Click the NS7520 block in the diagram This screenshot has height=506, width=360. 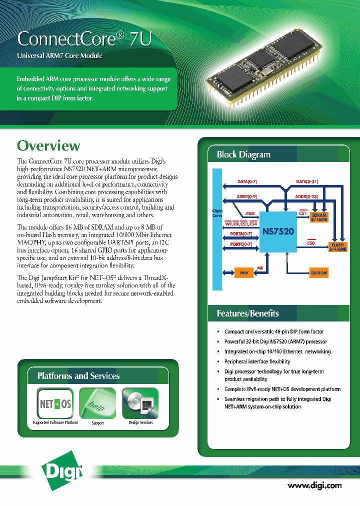[x=278, y=231]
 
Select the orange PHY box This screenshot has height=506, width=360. [x=244, y=273]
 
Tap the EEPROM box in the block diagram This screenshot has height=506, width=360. [x=319, y=273]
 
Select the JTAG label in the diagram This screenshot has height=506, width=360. [x=249, y=213]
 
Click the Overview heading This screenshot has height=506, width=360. [x=48, y=145]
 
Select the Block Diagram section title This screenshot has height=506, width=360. [x=243, y=154]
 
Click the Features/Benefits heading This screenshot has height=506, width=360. [x=247, y=313]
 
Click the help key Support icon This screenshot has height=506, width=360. [x=97, y=403]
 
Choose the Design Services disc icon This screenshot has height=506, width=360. [x=140, y=403]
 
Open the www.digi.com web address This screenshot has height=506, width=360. [x=314, y=485]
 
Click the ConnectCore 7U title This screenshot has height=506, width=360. [x=83, y=39]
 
